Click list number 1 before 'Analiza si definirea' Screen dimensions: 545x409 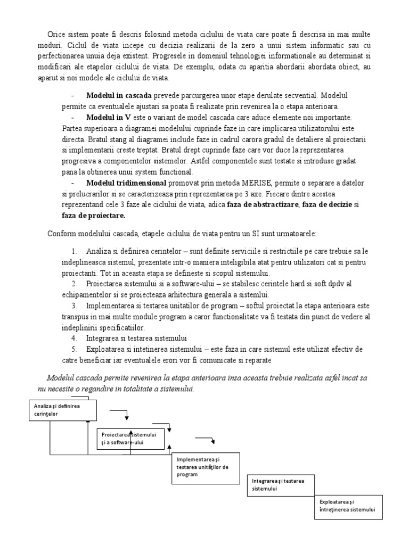73,251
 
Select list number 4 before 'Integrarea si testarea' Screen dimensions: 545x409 73,338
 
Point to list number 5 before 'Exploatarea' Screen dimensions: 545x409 73,349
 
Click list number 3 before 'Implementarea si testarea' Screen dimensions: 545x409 73,306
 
